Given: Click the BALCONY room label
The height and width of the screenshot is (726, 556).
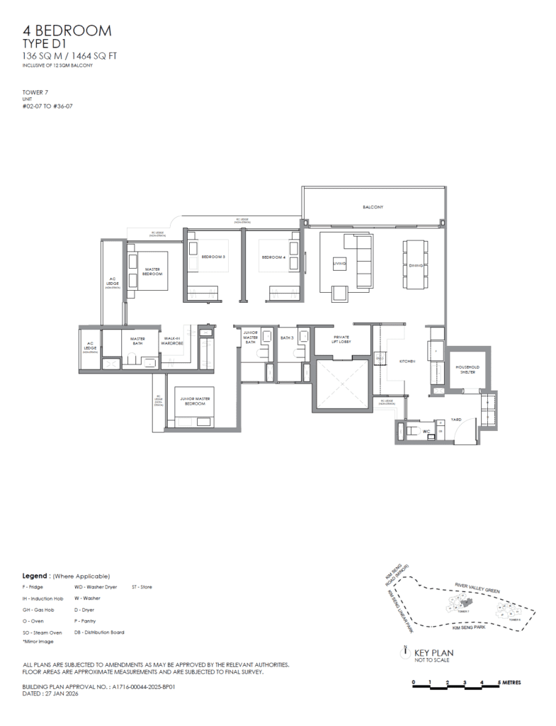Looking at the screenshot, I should pyautogui.click(x=373, y=207).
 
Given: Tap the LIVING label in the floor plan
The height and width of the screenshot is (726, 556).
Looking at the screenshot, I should pyautogui.click(x=339, y=264).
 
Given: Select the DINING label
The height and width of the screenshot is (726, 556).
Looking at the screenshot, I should pyautogui.click(x=416, y=265).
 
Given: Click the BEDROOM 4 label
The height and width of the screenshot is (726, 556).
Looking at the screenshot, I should pyautogui.click(x=272, y=257).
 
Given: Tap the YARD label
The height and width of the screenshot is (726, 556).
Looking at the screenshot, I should pyautogui.click(x=455, y=420).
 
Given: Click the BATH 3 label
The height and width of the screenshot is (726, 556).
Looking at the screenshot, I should pyautogui.click(x=286, y=338).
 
